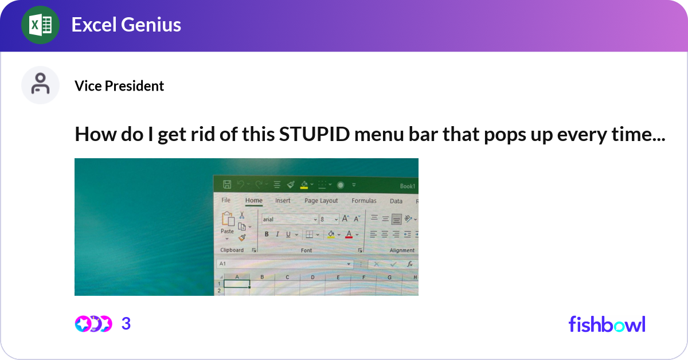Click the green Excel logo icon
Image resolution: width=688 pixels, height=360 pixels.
[x=40, y=25]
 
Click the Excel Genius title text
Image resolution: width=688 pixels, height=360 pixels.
[x=126, y=25]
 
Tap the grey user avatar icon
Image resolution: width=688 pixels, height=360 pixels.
[x=40, y=85]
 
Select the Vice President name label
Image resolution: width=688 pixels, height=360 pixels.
[x=119, y=86]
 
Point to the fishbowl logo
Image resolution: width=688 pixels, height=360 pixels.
[x=607, y=324]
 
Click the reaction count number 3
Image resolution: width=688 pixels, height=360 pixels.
[x=126, y=324]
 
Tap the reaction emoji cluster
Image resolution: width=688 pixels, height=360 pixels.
[x=93, y=324]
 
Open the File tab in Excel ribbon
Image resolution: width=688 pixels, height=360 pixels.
[x=226, y=201]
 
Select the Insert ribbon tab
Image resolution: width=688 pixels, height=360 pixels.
[x=283, y=201]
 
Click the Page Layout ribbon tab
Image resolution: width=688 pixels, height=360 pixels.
[x=321, y=201]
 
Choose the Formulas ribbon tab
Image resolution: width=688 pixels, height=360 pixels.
[x=364, y=201]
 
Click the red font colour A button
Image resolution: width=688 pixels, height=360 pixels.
[x=349, y=234]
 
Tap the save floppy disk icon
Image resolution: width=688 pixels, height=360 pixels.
[x=226, y=185]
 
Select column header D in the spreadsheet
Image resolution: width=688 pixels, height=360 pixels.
[x=312, y=277]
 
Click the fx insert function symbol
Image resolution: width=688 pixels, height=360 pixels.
[x=410, y=264]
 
